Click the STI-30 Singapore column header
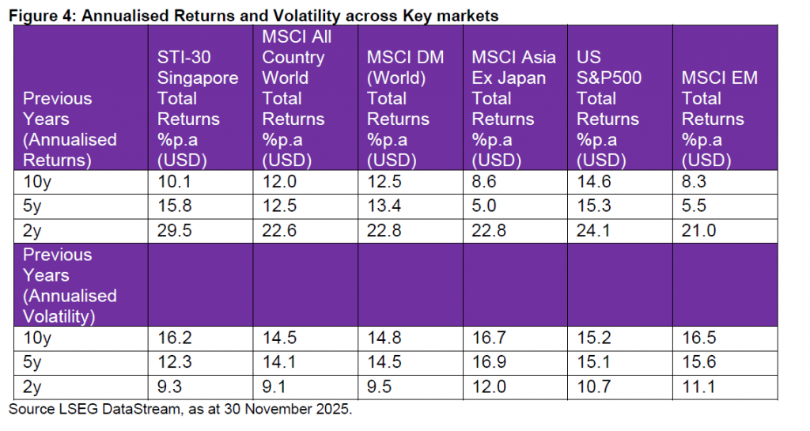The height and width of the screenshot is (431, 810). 198,108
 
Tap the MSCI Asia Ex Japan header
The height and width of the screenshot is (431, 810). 513,108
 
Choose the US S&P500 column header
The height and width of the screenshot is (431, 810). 608,108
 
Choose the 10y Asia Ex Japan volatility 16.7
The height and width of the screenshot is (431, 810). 487,338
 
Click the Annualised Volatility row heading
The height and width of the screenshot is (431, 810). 70,285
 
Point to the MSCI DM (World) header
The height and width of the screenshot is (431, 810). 405,108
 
